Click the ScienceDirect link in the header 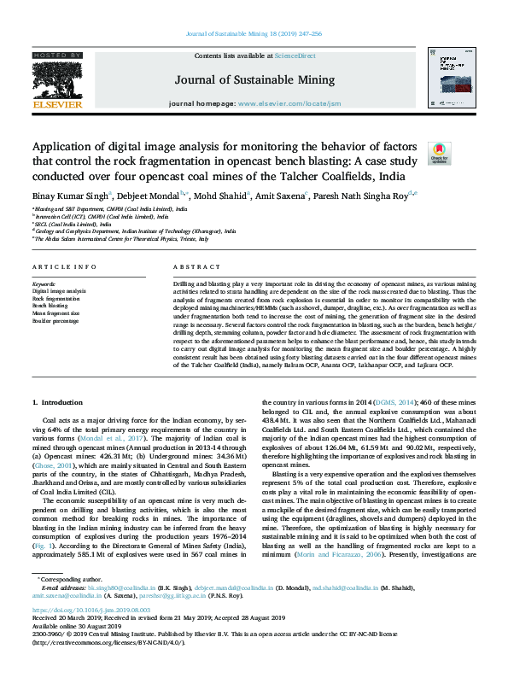(295, 56)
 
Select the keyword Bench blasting (50, 305)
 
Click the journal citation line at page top (254, 35)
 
